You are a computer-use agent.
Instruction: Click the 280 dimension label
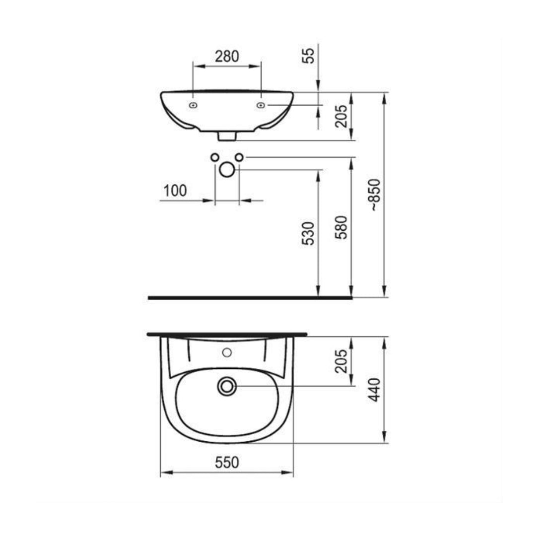pyautogui.click(x=227, y=56)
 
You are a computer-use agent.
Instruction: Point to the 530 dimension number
pyautogui.click(x=309, y=233)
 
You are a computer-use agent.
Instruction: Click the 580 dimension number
pyautogui.click(x=341, y=227)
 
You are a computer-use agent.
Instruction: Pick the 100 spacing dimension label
pyautogui.click(x=175, y=191)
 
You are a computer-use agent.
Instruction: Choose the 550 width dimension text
pyautogui.click(x=227, y=463)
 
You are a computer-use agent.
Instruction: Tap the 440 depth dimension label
pyautogui.click(x=375, y=390)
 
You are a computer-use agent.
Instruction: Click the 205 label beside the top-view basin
pyautogui.click(x=341, y=361)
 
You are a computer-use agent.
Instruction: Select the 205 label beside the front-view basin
pyautogui.click(x=341, y=116)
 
